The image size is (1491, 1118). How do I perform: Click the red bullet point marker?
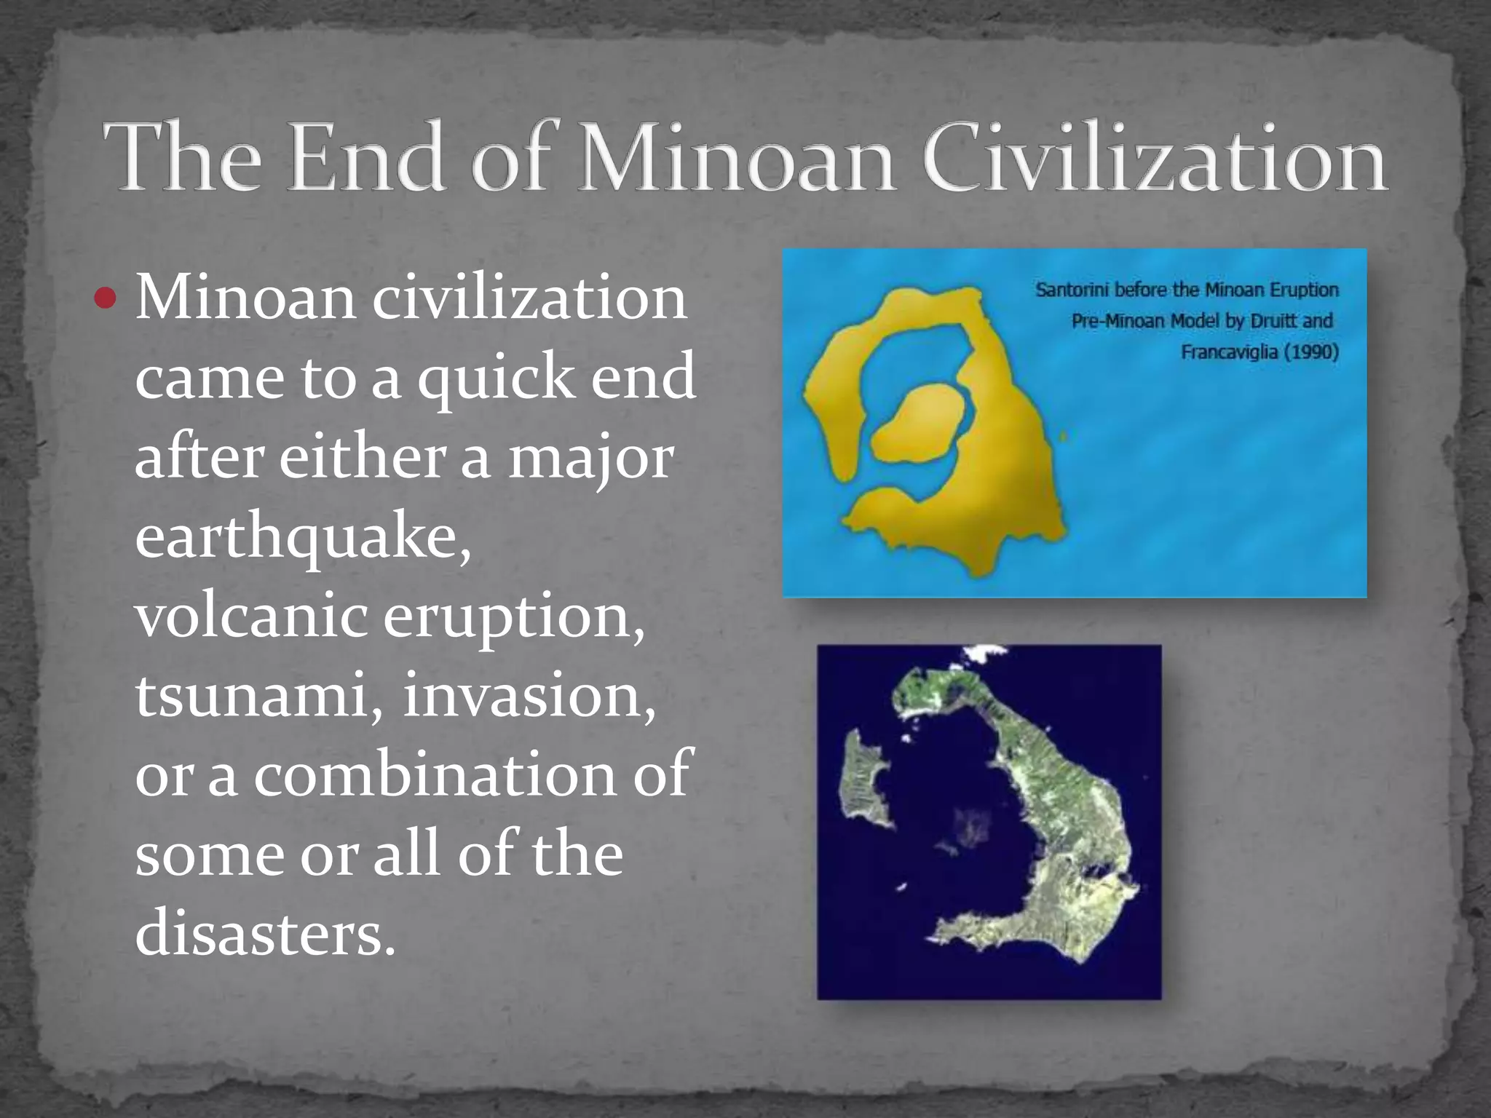click(x=106, y=298)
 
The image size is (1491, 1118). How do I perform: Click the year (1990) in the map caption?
click(x=1310, y=352)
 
